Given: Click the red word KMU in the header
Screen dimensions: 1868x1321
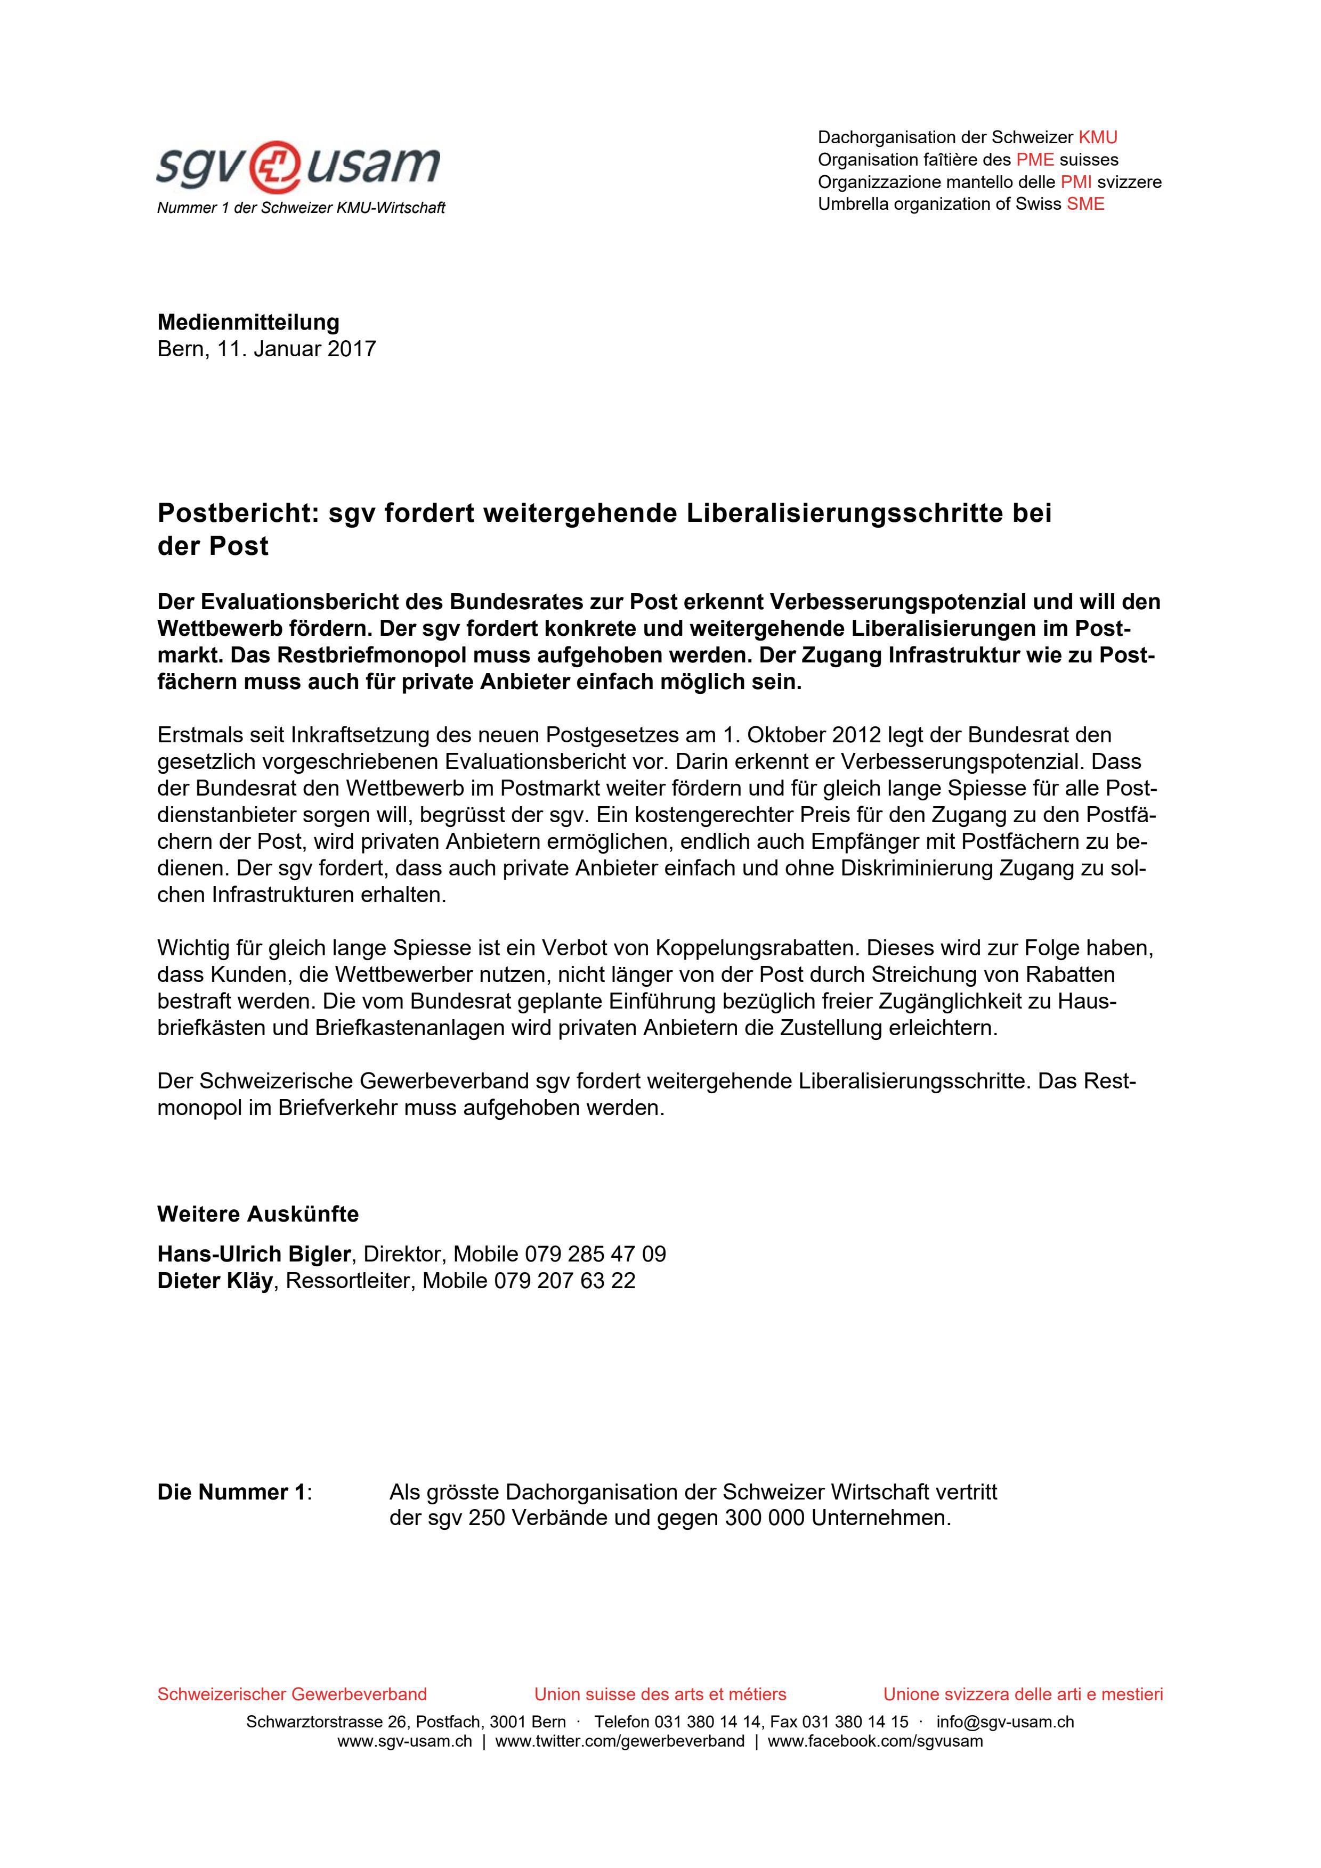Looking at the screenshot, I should [1097, 137].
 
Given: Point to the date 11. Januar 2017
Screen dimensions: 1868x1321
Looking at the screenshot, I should [295, 349].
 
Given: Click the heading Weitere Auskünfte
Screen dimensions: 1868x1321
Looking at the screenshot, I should [257, 1214].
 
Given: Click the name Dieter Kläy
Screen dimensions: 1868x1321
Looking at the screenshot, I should [215, 1281].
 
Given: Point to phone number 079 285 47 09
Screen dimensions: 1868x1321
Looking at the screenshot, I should [595, 1253].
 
